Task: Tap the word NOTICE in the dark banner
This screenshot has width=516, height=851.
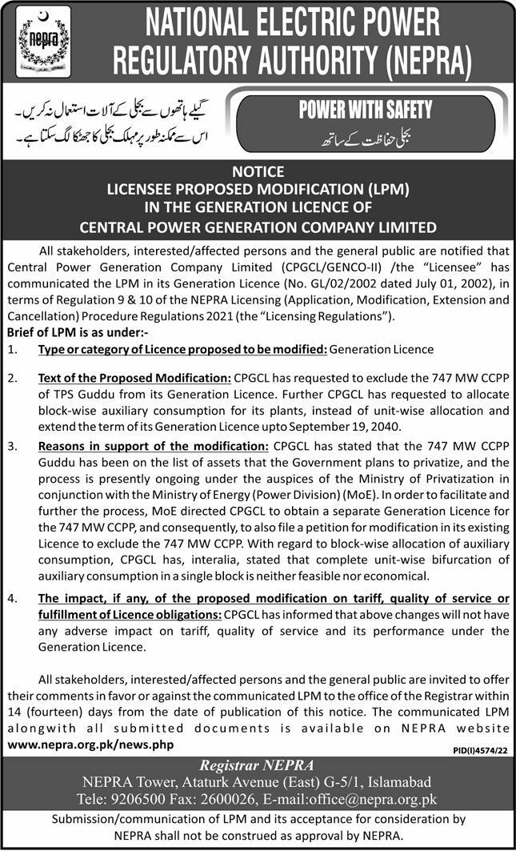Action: click(x=258, y=171)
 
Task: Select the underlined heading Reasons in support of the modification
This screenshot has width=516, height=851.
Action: click(x=154, y=445)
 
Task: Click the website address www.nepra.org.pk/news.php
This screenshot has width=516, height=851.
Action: click(x=90, y=744)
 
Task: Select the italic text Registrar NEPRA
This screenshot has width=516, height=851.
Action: click(x=257, y=763)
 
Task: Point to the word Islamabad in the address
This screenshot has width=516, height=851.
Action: click(x=389, y=781)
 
